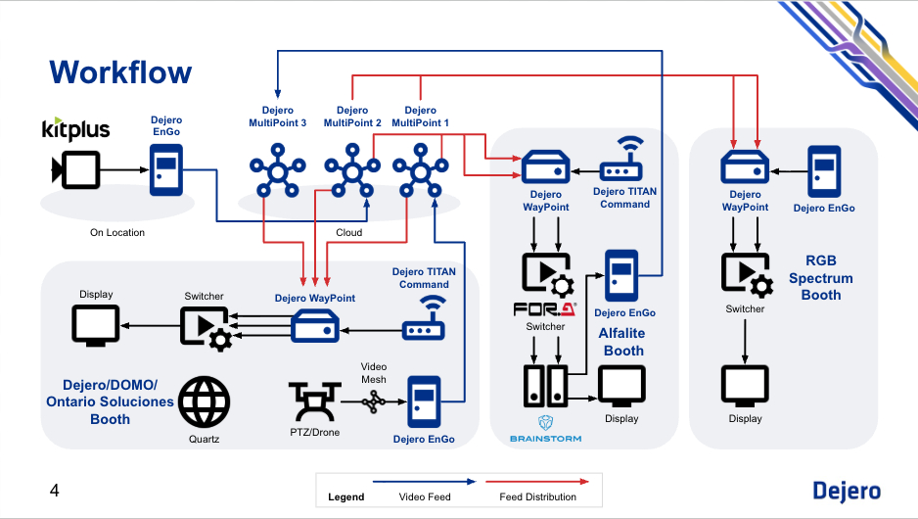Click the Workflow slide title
(x=120, y=71)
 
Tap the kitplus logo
(x=75, y=130)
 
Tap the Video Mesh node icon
(x=373, y=401)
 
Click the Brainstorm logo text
(x=545, y=438)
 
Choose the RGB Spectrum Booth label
(x=821, y=278)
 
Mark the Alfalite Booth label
(x=623, y=342)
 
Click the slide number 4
(x=55, y=490)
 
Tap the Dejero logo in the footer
(x=847, y=492)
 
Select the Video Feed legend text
(x=425, y=496)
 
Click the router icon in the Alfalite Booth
(x=625, y=161)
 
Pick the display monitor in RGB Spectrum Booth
(x=745, y=386)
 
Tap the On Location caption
(x=117, y=232)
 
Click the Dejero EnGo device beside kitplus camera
(x=165, y=169)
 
